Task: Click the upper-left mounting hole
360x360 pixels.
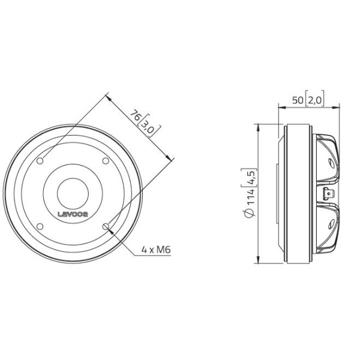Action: [x=40, y=161]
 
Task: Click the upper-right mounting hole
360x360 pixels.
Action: [x=106, y=161]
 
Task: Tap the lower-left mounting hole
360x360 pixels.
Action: [x=40, y=227]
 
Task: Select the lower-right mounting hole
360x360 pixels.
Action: [x=106, y=227]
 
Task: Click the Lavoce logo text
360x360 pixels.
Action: [x=73, y=214]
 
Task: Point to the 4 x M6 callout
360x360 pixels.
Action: [x=156, y=250]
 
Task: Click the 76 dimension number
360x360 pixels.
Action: [x=136, y=115]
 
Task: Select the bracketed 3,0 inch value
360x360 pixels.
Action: [x=149, y=125]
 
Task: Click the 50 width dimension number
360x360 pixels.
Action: [x=298, y=100]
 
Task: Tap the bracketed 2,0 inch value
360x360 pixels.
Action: [x=315, y=99]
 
